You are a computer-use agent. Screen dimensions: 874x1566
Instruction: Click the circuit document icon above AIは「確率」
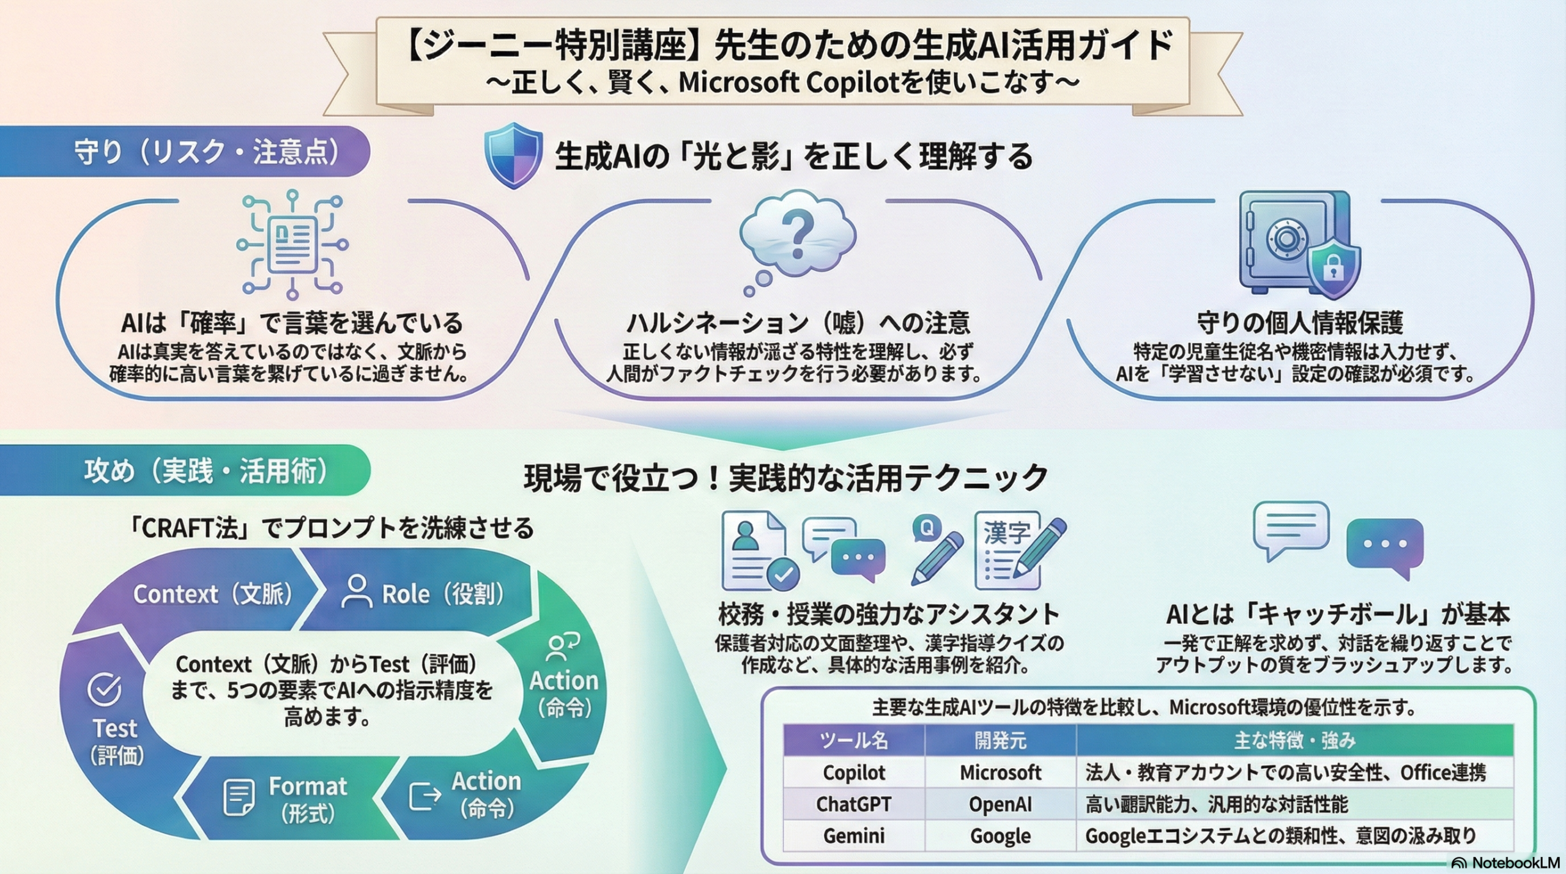click(292, 245)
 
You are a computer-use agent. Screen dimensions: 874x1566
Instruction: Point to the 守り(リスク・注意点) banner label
click(207, 152)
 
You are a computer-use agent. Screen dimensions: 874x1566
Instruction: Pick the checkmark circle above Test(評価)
click(105, 689)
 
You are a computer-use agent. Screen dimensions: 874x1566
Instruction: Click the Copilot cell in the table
click(854, 772)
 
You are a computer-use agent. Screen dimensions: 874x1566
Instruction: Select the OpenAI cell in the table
click(1000, 804)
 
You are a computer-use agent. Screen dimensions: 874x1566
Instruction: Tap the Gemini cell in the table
click(854, 835)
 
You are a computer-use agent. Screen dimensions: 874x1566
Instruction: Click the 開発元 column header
click(1000, 741)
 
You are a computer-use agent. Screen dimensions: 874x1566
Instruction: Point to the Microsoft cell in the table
click(1000, 772)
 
